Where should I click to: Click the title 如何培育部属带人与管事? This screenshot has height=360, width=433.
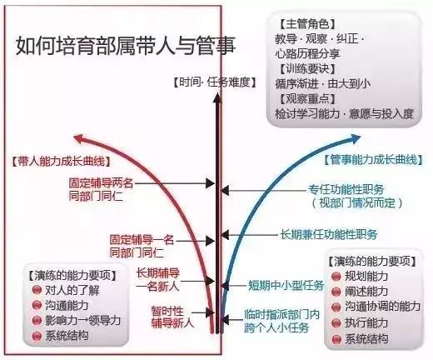click(126, 46)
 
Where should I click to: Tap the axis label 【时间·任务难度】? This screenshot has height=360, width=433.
click(215, 82)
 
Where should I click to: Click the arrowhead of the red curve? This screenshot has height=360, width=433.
click(79, 138)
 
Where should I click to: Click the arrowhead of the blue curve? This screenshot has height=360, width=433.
click(355, 138)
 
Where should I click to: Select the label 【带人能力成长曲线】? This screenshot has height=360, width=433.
click(61, 161)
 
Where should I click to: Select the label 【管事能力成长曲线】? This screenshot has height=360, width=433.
click(373, 160)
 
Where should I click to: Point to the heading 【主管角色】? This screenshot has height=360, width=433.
click(307, 24)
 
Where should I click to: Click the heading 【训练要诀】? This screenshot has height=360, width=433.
click(307, 69)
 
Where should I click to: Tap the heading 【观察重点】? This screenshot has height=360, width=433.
click(307, 98)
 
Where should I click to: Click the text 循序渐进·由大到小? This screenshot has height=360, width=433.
click(323, 83)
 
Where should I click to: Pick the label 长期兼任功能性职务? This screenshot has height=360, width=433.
click(329, 234)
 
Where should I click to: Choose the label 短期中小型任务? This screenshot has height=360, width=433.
click(286, 285)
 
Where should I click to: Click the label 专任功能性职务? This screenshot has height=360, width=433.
click(346, 190)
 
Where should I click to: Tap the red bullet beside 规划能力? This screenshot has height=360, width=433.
click(336, 277)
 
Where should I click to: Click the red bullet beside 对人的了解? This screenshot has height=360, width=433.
click(37, 290)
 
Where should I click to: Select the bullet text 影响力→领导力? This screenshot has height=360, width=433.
click(82, 321)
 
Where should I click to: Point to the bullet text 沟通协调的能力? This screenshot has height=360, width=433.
click(382, 307)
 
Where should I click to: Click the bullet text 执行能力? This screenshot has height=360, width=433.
click(366, 322)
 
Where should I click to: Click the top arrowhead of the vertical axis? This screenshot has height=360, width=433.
click(217, 98)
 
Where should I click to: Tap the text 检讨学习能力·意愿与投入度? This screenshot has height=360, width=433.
click(345, 113)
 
